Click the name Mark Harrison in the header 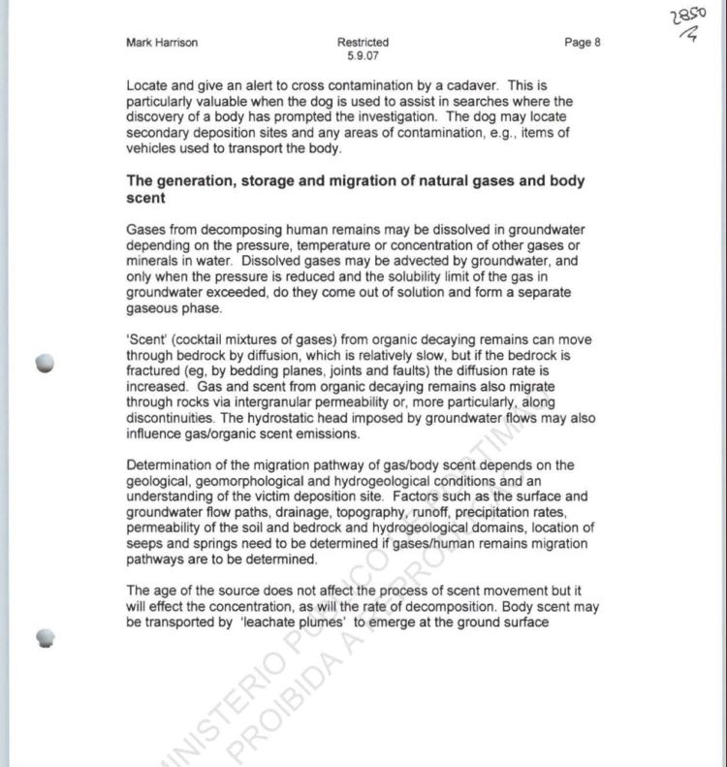[x=162, y=43]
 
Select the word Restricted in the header [x=363, y=43]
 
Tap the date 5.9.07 [x=363, y=55]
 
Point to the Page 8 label [x=582, y=43]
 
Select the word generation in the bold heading [x=195, y=181]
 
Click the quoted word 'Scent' [x=146, y=339]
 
